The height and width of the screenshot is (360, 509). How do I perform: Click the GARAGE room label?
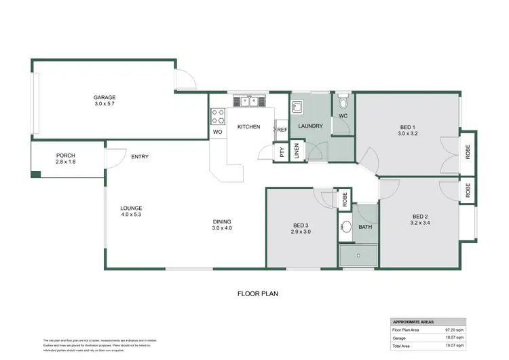click(x=105, y=97)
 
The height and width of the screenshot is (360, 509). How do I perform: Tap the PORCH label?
click(x=66, y=156)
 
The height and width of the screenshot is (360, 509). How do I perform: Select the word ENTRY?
click(x=140, y=157)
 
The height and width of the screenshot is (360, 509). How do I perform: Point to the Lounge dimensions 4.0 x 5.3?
click(x=131, y=215)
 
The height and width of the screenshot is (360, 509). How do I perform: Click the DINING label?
click(x=222, y=221)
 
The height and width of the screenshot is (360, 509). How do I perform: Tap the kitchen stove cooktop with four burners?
click(x=218, y=115)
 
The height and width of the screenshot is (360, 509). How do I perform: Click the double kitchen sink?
click(x=248, y=102)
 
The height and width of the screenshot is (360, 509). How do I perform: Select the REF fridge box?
click(x=282, y=129)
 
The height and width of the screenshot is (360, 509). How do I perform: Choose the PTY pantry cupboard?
click(x=282, y=152)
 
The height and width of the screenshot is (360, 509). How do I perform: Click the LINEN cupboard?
click(x=297, y=151)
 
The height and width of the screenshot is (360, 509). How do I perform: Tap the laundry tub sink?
click(x=299, y=107)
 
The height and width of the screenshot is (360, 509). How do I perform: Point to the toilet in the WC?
click(x=343, y=104)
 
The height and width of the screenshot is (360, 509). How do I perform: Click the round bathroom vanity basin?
click(x=345, y=227)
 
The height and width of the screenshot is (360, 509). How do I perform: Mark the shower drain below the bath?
click(x=359, y=256)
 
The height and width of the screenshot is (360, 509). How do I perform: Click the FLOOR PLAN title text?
click(x=258, y=294)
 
